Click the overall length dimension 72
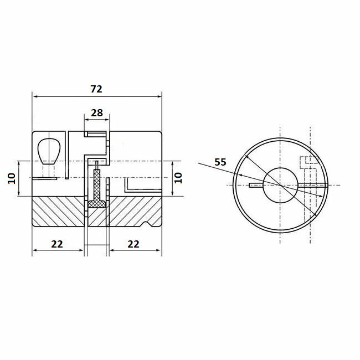[97, 89]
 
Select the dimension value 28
[97, 112]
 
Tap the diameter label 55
[220, 162]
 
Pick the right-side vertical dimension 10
[177, 178]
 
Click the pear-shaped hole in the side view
[48, 151]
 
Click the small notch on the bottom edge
[147, 224]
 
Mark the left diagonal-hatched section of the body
[58, 213]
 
